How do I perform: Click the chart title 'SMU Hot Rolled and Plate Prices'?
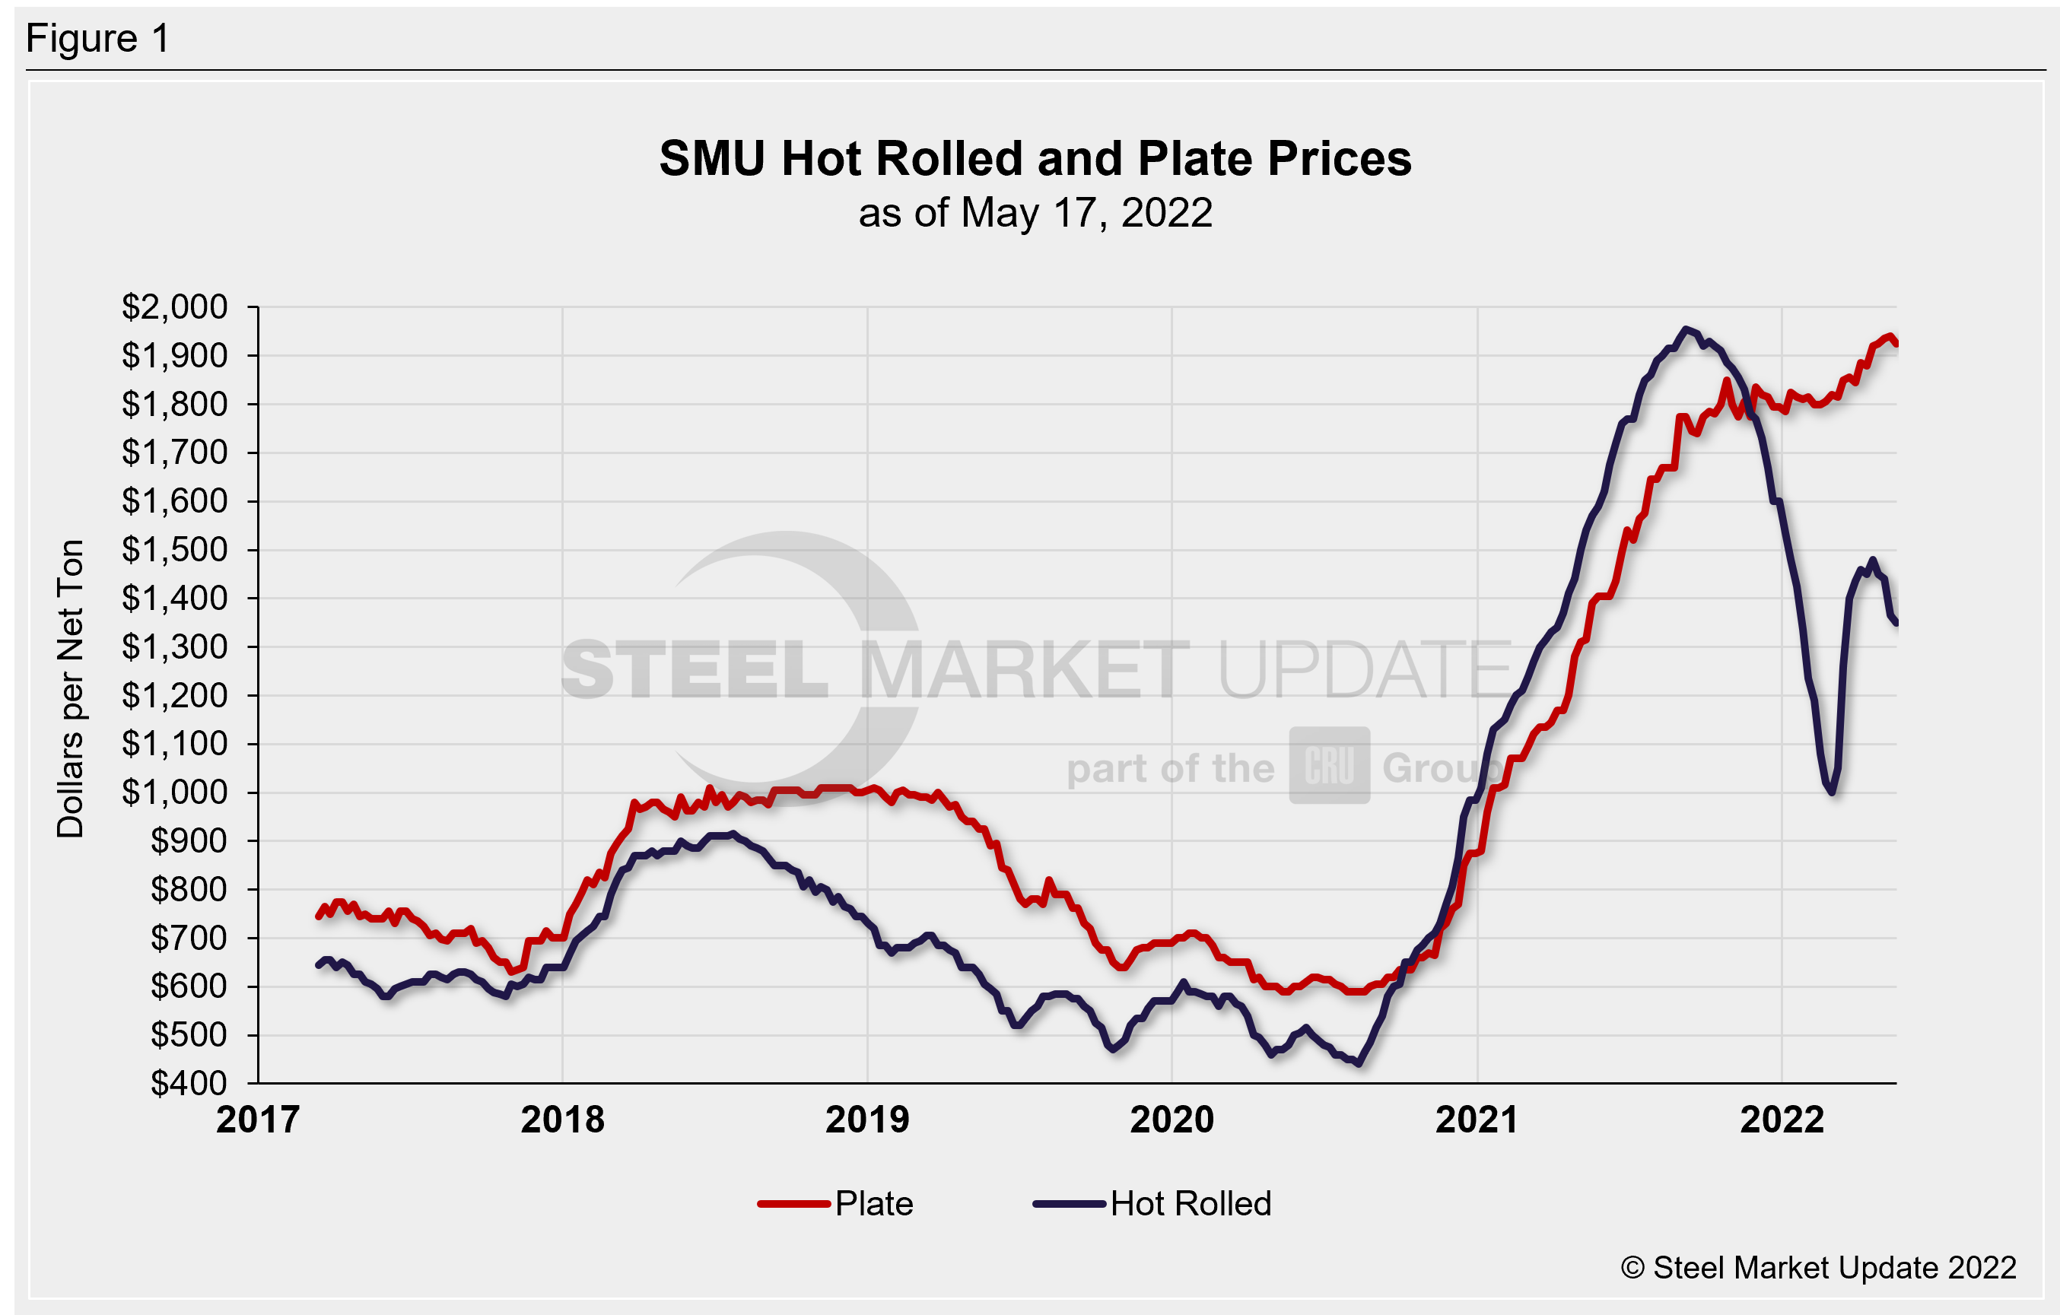[x=1035, y=159]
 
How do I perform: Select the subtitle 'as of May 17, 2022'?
[x=1035, y=213]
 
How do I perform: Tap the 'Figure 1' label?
[x=97, y=40]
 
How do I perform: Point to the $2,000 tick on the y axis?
[x=174, y=307]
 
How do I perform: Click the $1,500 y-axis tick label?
[x=174, y=550]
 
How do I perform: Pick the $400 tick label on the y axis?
[x=188, y=1084]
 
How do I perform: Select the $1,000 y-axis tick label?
[x=174, y=793]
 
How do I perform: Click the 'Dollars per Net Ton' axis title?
[x=71, y=689]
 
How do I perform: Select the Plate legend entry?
[x=836, y=1204]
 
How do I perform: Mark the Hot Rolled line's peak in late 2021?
[x=1685, y=329]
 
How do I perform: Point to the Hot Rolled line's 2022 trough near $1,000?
[x=1832, y=792]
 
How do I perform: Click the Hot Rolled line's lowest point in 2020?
[x=1359, y=1064]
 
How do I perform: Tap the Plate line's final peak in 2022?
[x=1889, y=336]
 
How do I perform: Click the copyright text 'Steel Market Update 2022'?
[x=1818, y=1268]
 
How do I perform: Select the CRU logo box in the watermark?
[x=1330, y=766]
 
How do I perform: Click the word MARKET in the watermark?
[x=1024, y=670]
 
